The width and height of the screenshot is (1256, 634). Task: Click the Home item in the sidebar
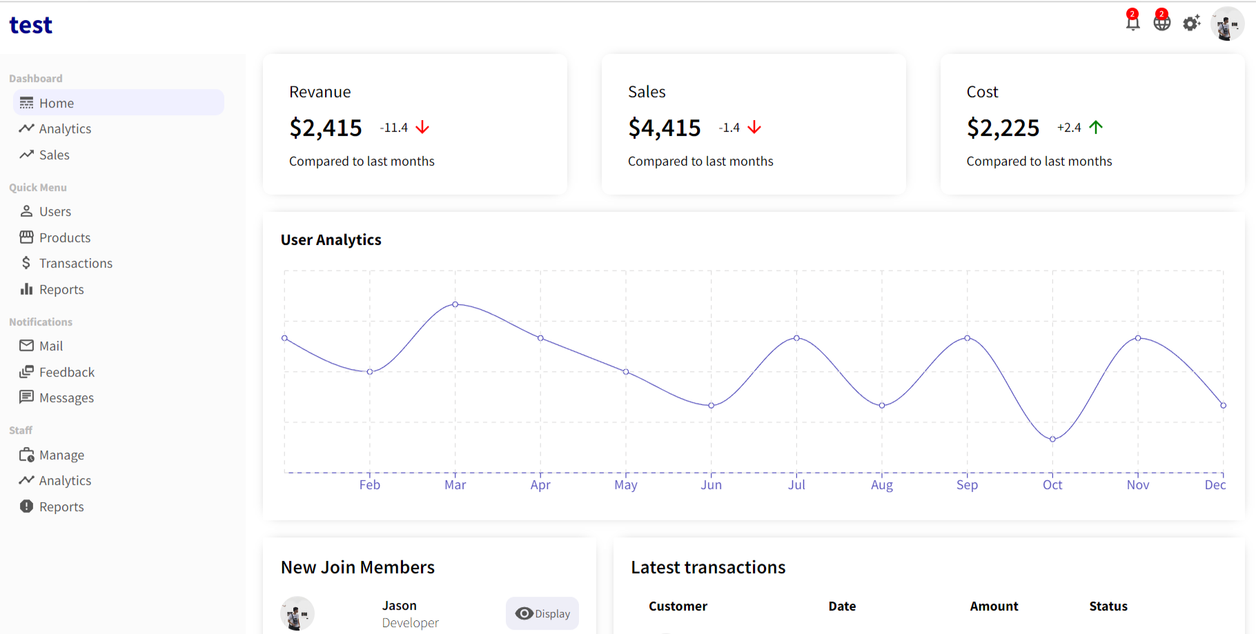pyautogui.click(x=56, y=103)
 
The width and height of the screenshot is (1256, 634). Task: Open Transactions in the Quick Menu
pyautogui.click(x=75, y=264)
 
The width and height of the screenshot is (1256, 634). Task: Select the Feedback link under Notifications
pyautogui.click(x=66, y=373)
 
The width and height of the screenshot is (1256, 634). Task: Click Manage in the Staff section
pyautogui.click(x=61, y=455)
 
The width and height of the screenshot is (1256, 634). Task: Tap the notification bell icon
pyautogui.click(x=1132, y=23)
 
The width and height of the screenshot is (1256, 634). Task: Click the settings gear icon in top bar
pyautogui.click(x=1191, y=23)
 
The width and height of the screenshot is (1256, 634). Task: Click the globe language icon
pyautogui.click(x=1162, y=23)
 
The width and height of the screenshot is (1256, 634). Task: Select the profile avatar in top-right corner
pyautogui.click(x=1227, y=25)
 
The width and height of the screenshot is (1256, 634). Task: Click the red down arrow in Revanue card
pyautogui.click(x=422, y=128)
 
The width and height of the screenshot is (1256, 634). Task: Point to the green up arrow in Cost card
pyautogui.click(x=1096, y=127)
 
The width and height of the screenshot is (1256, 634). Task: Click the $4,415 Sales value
pyautogui.click(x=664, y=128)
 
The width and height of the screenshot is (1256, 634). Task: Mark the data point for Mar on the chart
pyautogui.click(x=455, y=304)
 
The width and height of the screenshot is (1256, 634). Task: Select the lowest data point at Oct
pyautogui.click(x=1052, y=439)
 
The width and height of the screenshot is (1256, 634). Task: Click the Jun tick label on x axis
pyautogui.click(x=711, y=485)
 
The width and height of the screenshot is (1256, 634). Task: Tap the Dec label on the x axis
pyautogui.click(x=1215, y=485)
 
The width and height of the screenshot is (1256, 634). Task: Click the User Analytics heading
pyautogui.click(x=331, y=240)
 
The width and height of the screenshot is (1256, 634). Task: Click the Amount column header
pyautogui.click(x=994, y=606)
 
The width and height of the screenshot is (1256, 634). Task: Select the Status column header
pyautogui.click(x=1108, y=606)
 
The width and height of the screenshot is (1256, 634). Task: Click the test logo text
pyautogui.click(x=31, y=26)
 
